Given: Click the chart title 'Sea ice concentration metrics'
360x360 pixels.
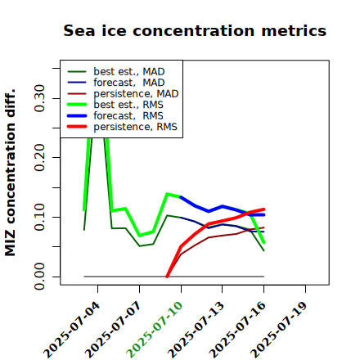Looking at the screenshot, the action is (x=195, y=30).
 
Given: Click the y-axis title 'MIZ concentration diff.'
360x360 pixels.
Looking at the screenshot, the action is (x=10, y=173).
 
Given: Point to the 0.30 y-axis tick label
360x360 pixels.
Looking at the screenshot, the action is (x=39, y=98).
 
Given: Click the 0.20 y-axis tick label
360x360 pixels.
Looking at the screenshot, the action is (x=39, y=158).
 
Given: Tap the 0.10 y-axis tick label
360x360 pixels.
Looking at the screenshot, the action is (x=39, y=217).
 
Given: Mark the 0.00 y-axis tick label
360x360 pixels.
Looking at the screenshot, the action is (x=39, y=277).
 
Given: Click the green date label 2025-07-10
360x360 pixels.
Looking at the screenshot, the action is (x=154, y=330).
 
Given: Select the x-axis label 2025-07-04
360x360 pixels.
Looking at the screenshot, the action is (x=71, y=330).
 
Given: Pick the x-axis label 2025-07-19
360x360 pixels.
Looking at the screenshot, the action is (x=278, y=330).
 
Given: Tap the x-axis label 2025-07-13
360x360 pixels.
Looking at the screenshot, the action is (x=196, y=330).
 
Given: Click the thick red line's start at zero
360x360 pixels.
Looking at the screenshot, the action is (x=167, y=277).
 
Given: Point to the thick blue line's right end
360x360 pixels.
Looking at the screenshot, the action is (x=263, y=215).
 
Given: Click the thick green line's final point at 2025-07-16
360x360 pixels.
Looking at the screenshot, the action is (x=263, y=242).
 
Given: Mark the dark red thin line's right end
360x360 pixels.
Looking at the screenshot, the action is (x=264, y=227).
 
